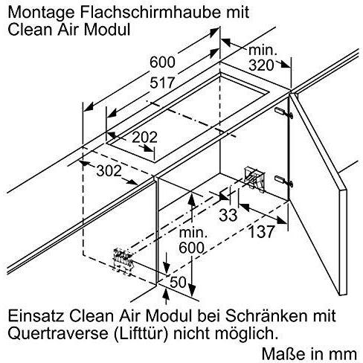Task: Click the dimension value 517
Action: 162,83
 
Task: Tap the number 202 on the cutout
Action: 144,137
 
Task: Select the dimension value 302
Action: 109,171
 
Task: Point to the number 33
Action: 228,215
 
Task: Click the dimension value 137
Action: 261,231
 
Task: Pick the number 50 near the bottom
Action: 178,282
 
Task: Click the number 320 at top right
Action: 261,65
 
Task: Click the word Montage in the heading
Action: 42,13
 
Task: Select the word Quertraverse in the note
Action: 58,333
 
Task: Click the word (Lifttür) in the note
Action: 141,333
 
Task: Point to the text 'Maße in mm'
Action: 309,354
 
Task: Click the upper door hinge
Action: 284,112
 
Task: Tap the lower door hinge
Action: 284,181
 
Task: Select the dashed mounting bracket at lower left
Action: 123,262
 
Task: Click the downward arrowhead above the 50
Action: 167,268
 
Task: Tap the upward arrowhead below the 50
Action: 166,295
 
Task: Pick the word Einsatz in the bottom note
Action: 36,316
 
